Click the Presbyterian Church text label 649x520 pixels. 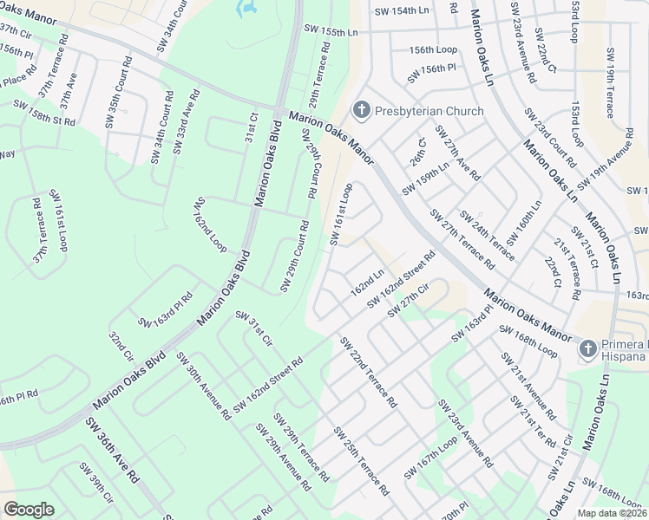429,111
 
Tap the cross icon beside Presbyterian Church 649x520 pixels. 361,110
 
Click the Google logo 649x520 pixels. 29,510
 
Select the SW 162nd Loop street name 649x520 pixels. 210,224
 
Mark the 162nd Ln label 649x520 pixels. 368,282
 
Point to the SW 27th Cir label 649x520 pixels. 410,299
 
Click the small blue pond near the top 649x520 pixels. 247,9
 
